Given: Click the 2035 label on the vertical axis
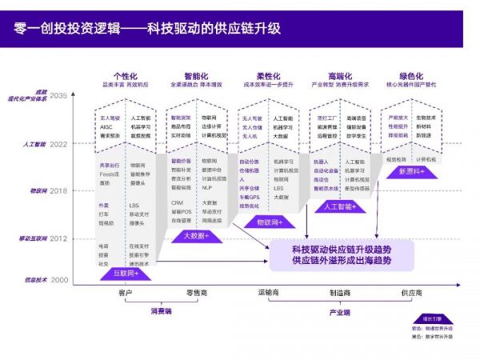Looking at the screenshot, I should click(59, 94).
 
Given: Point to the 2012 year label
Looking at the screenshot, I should click(59, 238).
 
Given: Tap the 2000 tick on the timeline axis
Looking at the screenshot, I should click(59, 280).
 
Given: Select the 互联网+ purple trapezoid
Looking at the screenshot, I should click(124, 273).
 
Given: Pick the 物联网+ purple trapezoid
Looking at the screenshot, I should click(265, 221).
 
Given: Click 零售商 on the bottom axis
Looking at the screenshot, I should click(197, 294).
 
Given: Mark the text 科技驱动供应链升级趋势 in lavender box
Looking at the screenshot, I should click(342, 247).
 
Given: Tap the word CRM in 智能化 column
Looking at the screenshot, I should click(177, 202).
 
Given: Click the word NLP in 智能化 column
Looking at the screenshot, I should click(206, 187).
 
